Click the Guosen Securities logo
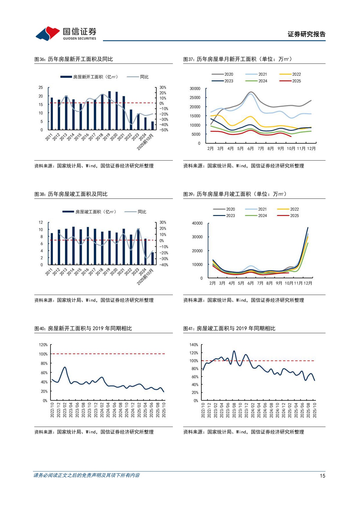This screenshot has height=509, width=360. tap(66, 34)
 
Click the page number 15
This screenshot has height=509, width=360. tap(322, 476)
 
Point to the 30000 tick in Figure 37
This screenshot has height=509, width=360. tap(195, 89)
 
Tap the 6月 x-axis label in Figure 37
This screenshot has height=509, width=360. tap(250, 149)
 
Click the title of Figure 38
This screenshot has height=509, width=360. tap(71, 194)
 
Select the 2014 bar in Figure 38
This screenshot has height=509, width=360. tap(73, 246)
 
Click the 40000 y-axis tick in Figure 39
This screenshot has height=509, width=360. tap(197, 223)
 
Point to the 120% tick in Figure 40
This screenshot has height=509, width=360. tap(43, 345)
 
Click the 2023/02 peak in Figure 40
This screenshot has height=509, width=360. tap(65, 367)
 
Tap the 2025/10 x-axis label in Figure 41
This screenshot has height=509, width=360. tap(315, 410)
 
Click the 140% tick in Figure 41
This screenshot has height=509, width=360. tap(193, 345)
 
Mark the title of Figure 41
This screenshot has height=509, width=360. tap(229, 328)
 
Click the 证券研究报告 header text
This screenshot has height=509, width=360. tap(306, 34)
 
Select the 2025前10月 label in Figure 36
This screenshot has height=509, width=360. tap(145, 142)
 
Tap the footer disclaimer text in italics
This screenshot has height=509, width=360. tap(86, 475)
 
